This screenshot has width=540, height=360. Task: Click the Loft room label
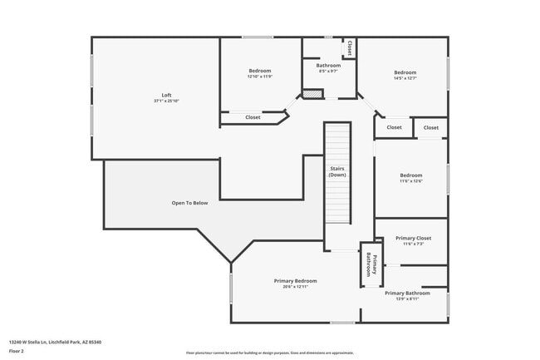pyautogui.click(x=166, y=95)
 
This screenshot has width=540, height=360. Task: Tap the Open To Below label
pyautogui.click(x=189, y=203)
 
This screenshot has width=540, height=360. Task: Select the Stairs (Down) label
pyautogui.click(x=336, y=172)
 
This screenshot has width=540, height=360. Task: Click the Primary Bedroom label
pyautogui.click(x=295, y=280)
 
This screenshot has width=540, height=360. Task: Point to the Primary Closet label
pyautogui.click(x=413, y=238)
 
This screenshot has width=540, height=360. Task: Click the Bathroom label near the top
pyautogui.click(x=327, y=65)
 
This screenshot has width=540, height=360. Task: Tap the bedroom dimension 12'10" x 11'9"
pyautogui.click(x=259, y=76)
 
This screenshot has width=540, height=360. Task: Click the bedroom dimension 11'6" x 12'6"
pyautogui.click(x=410, y=181)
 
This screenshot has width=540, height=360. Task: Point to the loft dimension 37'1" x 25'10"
pyautogui.click(x=166, y=101)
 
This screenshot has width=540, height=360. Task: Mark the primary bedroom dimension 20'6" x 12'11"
pyautogui.click(x=295, y=287)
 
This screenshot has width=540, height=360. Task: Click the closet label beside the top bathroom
pyautogui.click(x=350, y=47)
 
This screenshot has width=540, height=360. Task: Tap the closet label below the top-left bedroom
pyautogui.click(x=253, y=117)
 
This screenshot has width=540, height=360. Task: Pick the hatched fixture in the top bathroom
pyautogui.click(x=311, y=95)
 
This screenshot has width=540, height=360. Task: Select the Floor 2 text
pyautogui.click(x=17, y=350)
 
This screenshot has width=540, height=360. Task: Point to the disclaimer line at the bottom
pyautogui.click(x=269, y=353)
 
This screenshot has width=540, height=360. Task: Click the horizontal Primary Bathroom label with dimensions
pyautogui.click(x=407, y=293)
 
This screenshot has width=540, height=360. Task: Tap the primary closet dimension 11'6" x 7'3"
pyautogui.click(x=413, y=244)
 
